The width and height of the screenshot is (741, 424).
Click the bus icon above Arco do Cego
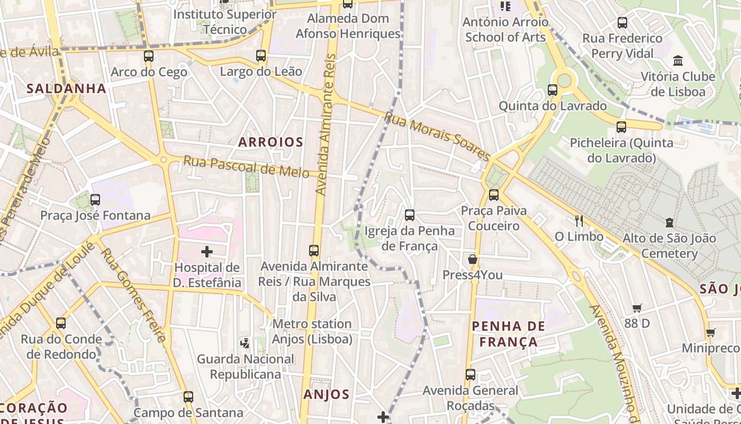pyautogui.click(x=149, y=56)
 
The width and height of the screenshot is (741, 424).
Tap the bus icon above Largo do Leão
pyautogui.click(x=260, y=55)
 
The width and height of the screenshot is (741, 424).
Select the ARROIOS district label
pyautogui.click(x=270, y=142)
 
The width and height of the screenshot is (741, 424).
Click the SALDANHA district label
pyautogui.click(x=67, y=89)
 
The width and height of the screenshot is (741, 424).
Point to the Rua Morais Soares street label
pyautogui.click(x=437, y=136)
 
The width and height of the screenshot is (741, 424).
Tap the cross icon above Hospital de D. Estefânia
pyautogui.click(x=207, y=252)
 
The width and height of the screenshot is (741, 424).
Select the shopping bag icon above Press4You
pyautogui.click(x=472, y=259)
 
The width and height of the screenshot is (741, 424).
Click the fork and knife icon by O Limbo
pyautogui.click(x=579, y=220)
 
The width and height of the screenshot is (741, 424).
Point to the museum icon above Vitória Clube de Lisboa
pyautogui.click(x=678, y=60)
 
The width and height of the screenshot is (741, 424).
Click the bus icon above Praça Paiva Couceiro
pyautogui.click(x=494, y=195)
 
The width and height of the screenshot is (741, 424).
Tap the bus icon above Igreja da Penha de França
pyautogui.click(x=410, y=215)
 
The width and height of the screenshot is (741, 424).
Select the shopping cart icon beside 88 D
pyautogui.click(x=637, y=308)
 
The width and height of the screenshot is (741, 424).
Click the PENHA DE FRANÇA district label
pyautogui.click(x=508, y=334)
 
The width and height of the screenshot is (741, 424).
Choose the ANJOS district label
pyautogui.click(x=327, y=394)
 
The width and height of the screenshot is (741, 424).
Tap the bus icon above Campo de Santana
pyautogui.click(x=188, y=396)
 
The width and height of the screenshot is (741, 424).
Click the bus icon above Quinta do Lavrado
pyautogui.click(x=553, y=90)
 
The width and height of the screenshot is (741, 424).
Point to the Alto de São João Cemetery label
pyautogui.click(x=669, y=245)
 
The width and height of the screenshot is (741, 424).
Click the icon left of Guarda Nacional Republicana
pyautogui.click(x=245, y=343)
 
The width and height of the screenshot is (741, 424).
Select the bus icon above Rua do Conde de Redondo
pyautogui.click(x=61, y=323)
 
